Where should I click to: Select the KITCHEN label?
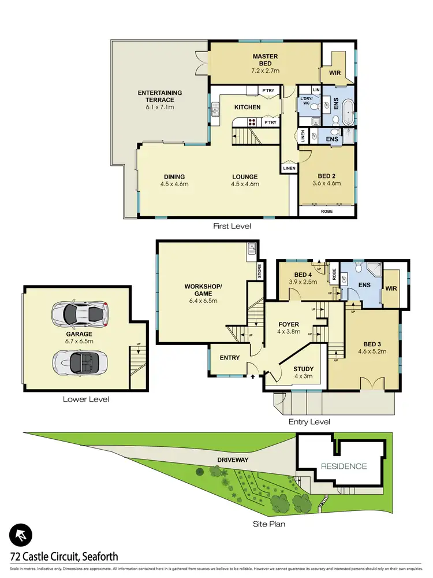tap(247, 108)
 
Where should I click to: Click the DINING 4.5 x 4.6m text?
tap(174, 180)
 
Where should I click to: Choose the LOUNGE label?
tap(245, 180)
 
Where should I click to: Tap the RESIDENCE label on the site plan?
tap(344, 466)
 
